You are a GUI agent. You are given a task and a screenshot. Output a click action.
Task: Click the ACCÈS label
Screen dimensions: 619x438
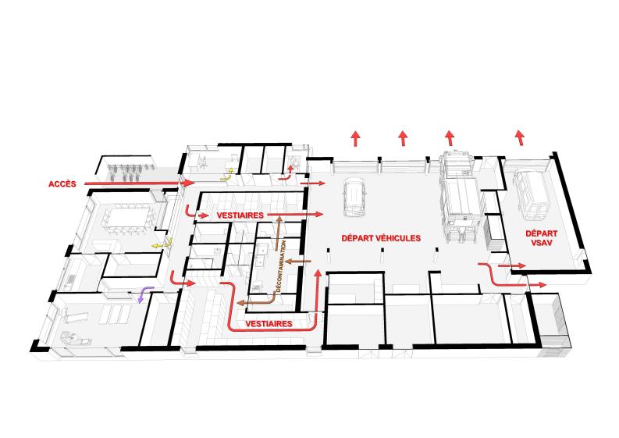click(62, 184)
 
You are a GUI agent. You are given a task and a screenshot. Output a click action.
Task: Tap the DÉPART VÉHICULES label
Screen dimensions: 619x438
click(381, 238)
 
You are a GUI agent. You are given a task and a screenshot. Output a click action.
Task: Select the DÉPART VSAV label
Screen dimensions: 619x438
click(541, 238)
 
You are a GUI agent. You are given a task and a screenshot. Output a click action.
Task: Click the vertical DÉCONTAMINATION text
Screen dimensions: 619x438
click(281, 266)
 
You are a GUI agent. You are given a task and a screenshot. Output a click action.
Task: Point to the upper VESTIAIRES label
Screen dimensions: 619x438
click(240, 215)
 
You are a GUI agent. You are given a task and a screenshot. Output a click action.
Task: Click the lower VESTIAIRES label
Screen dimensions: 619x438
click(269, 324)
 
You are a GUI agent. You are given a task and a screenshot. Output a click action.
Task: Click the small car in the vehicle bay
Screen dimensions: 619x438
click(355, 196)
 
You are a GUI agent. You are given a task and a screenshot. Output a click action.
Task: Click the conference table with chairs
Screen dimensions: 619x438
click(127, 219)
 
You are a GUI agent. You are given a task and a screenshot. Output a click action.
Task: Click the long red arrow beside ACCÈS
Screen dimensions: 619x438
click(140, 183)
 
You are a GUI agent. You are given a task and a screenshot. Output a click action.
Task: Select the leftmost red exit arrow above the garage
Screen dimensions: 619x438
click(356, 139)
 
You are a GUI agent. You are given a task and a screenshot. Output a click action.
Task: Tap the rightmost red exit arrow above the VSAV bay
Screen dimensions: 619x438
click(521, 138)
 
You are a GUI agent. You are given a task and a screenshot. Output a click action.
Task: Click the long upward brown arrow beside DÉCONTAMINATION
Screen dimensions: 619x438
click(279, 233)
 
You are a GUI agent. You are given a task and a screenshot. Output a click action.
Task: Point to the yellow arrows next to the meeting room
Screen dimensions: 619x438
click(162, 244)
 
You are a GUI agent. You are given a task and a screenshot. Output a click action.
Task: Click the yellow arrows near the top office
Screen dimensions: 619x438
click(226, 175)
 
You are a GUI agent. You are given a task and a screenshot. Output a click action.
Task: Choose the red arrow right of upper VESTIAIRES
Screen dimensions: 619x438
click(295, 215)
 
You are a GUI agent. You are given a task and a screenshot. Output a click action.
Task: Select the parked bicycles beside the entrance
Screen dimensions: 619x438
click(126, 172)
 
